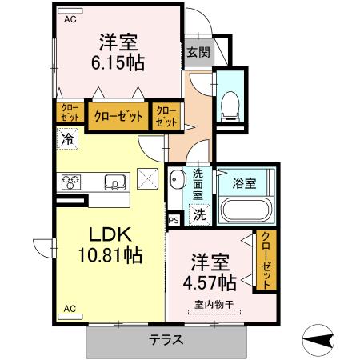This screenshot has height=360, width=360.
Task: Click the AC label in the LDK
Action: tap(70, 307)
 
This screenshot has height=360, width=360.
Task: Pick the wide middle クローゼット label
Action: tap(118, 116)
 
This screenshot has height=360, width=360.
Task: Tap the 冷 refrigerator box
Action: tap(67, 139)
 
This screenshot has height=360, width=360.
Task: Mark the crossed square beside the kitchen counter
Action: tap(148, 178)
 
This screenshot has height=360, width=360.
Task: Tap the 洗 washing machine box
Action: tap(200, 214)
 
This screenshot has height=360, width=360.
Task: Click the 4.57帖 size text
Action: tap(212, 282)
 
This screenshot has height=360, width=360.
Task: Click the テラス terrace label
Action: tap(166, 339)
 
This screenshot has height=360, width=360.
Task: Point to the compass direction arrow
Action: tap(325, 340)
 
